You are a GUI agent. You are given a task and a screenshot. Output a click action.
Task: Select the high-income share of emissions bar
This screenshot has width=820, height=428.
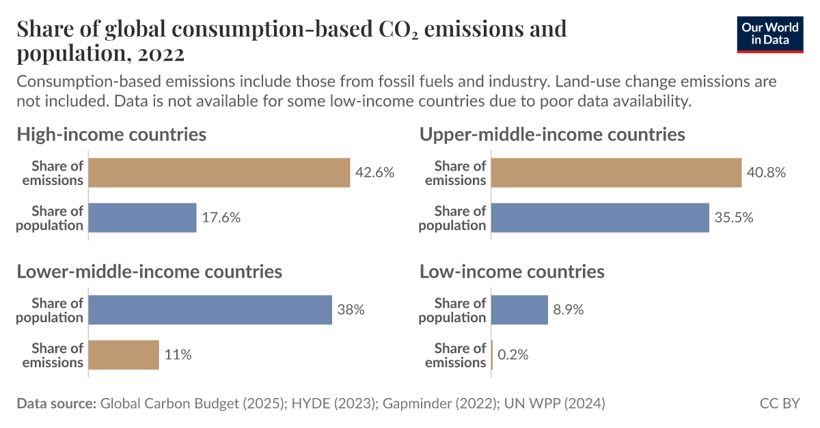click(x=219, y=173)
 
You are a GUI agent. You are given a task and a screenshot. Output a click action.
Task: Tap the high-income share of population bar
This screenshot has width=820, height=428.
click(x=142, y=218)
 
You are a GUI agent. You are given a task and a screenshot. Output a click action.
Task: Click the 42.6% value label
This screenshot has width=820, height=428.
click(x=374, y=173)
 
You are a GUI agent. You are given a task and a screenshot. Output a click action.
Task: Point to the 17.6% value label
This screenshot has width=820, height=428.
click(x=221, y=218)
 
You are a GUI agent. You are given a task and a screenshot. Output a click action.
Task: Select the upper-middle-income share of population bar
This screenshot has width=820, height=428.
click(x=600, y=218)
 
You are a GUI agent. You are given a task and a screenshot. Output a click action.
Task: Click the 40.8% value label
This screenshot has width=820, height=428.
click(x=767, y=173)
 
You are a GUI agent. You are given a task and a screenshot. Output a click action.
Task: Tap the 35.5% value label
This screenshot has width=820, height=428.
click(x=734, y=218)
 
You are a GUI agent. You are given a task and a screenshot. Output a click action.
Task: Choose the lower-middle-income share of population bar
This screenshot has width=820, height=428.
click(x=210, y=310)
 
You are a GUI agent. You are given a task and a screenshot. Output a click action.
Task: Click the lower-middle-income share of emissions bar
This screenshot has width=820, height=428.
click(x=124, y=355)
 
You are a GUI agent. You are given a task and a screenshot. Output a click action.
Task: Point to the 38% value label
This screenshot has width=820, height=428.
click(x=351, y=310)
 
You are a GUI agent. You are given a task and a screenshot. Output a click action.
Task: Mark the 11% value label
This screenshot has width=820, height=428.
click(x=178, y=355)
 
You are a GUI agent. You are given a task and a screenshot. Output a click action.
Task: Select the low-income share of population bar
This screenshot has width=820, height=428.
click(x=519, y=310)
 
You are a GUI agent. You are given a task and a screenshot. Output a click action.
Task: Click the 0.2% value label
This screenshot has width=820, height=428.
click(x=513, y=355)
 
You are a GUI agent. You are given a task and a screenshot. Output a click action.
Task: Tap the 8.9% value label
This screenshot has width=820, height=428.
click(x=569, y=310)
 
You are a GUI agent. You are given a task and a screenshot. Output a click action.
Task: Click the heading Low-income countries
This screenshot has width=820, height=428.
click(x=512, y=272)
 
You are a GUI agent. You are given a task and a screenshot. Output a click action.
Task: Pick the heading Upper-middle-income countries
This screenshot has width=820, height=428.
click(x=552, y=134)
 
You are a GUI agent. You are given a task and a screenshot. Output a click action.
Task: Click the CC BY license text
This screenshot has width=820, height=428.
click(x=779, y=403)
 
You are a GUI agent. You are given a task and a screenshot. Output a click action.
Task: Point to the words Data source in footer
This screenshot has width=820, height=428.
click(x=56, y=403)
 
